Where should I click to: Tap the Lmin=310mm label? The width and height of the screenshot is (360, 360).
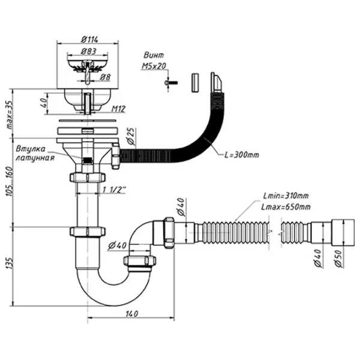click(286, 196)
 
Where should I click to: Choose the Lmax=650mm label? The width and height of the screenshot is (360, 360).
click(286, 206)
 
